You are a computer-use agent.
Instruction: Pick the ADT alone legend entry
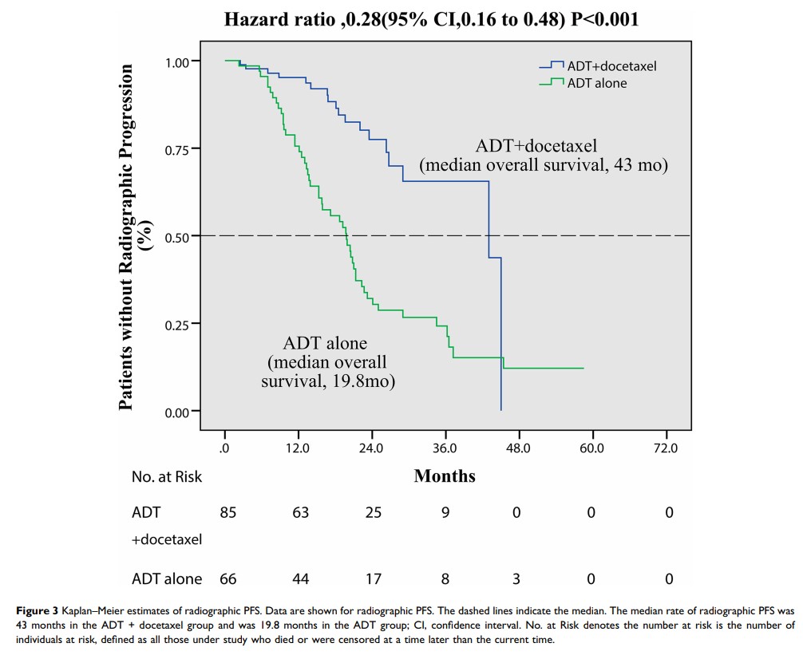pyautogui.click(x=596, y=83)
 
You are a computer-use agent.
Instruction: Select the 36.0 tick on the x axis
pyautogui.click(x=445, y=448)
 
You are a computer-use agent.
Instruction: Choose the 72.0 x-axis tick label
pyautogui.click(x=665, y=448)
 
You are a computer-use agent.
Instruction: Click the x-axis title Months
pyautogui.click(x=445, y=476)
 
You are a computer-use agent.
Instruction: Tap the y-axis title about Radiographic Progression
pyautogui.click(x=132, y=237)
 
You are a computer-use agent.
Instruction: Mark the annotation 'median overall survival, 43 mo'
pyautogui.click(x=544, y=166)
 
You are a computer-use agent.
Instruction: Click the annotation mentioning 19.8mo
pyautogui.click(x=329, y=362)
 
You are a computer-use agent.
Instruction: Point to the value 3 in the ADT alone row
pyautogui.click(x=517, y=578)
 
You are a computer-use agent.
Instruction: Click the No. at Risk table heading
pyautogui.click(x=167, y=477)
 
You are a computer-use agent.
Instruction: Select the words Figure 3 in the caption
pyautogui.click(x=38, y=612)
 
